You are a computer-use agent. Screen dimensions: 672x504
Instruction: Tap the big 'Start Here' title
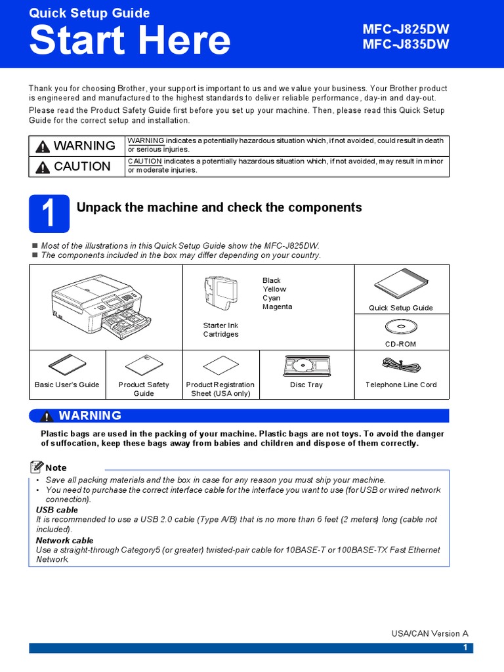pos(130,41)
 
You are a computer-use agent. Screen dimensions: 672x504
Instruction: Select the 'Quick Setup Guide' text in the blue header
pos(89,13)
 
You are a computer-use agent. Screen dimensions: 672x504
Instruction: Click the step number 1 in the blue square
pos(49,214)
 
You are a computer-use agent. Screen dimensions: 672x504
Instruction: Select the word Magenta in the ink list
pos(277,306)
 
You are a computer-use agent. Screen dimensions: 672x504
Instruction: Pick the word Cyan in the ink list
pos(271,298)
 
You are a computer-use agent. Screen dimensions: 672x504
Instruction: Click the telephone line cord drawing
pos(400,365)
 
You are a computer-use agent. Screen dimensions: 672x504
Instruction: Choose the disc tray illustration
pos(306,366)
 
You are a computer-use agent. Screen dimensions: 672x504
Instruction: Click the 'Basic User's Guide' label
pos(67,385)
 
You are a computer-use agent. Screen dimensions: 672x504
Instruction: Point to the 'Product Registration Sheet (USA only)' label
pos(220,389)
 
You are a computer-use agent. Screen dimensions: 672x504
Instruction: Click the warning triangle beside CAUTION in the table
pos(43,167)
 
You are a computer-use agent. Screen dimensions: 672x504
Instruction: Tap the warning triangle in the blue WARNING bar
pos(47,416)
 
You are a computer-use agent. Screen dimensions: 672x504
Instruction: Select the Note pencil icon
pos(37,467)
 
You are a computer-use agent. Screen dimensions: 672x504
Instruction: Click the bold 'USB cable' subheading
pos(57,510)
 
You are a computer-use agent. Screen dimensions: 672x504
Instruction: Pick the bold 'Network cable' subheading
pos(64,541)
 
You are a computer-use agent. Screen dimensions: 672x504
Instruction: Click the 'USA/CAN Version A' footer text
pos(430,633)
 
